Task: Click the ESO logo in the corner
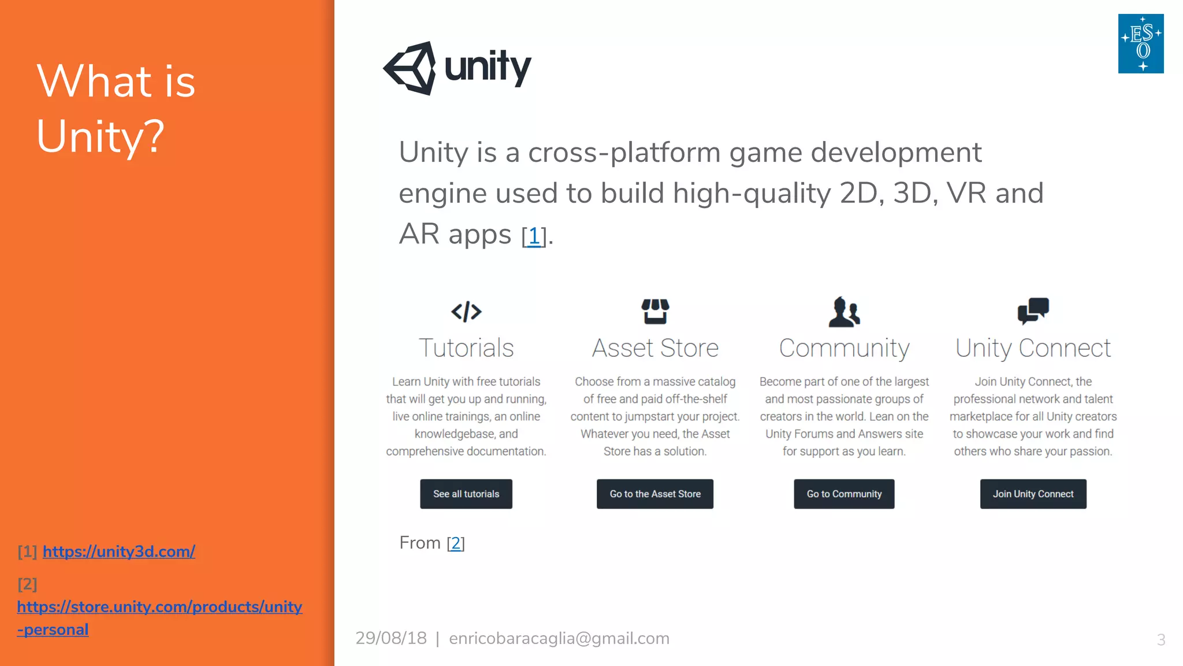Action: point(1141,44)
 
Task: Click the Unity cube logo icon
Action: point(410,68)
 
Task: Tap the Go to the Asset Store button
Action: point(655,494)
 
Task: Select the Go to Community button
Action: point(844,494)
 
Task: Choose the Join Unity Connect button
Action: point(1033,494)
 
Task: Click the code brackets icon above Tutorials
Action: point(466,312)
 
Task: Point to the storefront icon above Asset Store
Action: point(655,312)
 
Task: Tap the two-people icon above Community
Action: point(844,312)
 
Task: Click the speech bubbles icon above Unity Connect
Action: point(1033,311)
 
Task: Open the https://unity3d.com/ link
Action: point(119,552)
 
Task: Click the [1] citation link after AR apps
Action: point(534,236)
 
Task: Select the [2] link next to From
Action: point(456,543)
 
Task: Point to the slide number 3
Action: point(1161,639)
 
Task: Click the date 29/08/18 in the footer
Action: point(391,638)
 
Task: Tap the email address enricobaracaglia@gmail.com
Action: point(559,638)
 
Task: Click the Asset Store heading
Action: point(655,348)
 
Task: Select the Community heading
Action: point(844,348)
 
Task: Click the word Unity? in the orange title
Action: point(101,136)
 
